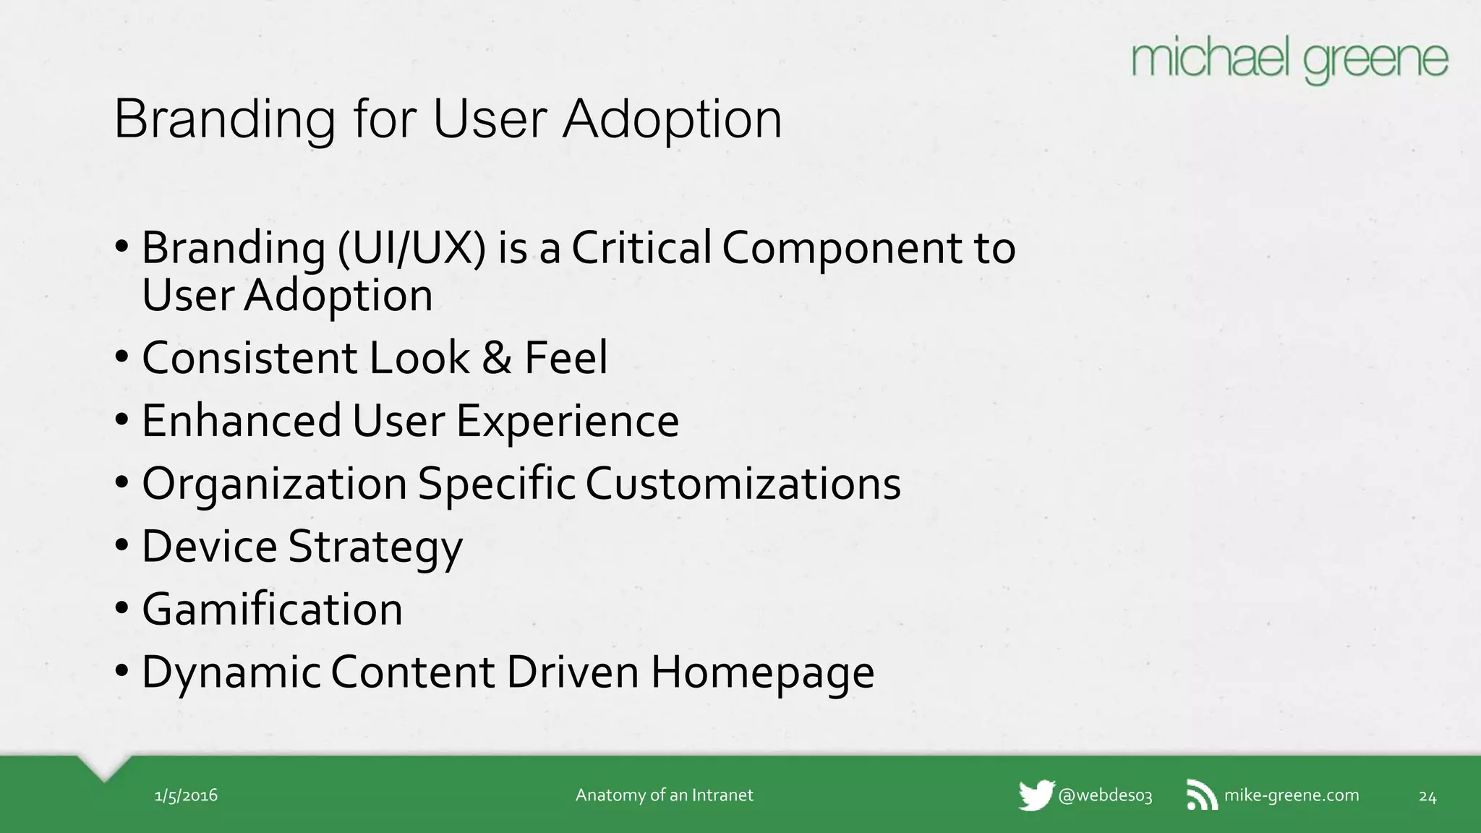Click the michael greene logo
point(1289,61)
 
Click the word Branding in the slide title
point(225,119)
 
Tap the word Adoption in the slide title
point(673,119)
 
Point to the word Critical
point(641,247)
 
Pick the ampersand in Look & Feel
point(497,357)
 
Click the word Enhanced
point(242,420)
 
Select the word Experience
point(568,422)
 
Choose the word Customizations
point(743,483)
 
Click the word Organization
point(275,484)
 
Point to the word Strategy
point(375,547)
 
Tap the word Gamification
point(272,609)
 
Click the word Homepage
point(762,673)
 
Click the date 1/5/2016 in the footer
point(186,795)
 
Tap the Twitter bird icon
point(1036,795)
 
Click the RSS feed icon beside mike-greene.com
point(1202,795)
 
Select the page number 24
point(1427,796)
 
